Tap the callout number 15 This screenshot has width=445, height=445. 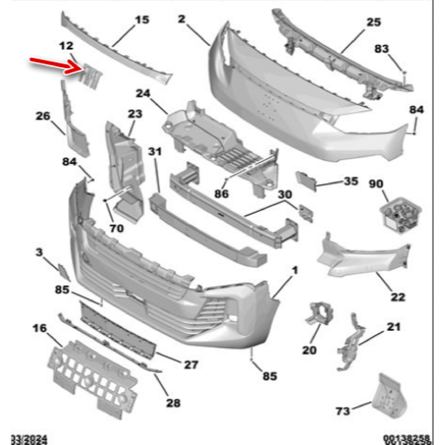(x=142, y=20)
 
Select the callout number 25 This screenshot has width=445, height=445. (x=374, y=22)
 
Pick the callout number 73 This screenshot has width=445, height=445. (x=343, y=411)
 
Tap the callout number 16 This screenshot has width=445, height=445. (x=39, y=328)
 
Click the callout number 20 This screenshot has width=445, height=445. (x=309, y=350)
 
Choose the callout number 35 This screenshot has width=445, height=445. (x=350, y=182)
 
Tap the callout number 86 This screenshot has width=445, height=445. (x=221, y=194)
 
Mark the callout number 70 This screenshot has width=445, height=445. (x=117, y=229)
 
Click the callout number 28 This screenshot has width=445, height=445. (x=173, y=403)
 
